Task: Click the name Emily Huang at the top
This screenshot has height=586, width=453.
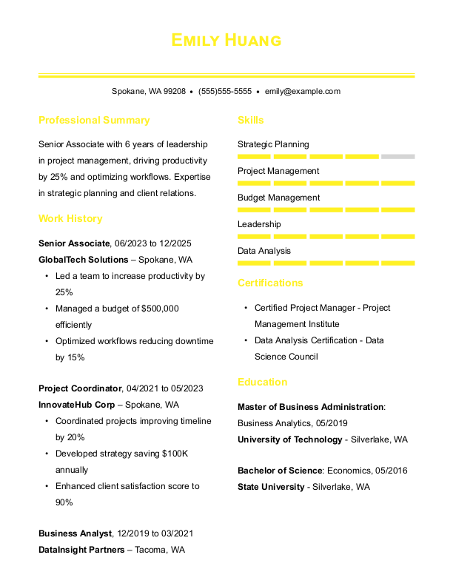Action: click(226, 40)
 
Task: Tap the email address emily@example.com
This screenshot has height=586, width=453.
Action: click(303, 92)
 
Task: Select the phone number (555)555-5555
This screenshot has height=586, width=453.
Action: click(225, 92)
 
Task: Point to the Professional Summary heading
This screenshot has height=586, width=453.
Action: click(94, 121)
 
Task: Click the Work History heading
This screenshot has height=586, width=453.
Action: click(70, 219)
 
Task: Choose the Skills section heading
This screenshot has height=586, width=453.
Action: click(250, 121)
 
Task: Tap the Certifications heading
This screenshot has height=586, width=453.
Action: click(270, 283)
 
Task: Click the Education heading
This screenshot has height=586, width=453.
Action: click(262, 383)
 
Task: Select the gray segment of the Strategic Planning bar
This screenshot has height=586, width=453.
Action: click(398, 157)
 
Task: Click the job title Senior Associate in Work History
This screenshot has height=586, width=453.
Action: click(74, 243)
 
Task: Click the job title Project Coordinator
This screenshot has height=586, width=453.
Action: click(80, 388)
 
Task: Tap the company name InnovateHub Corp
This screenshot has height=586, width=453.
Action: click(77, 405)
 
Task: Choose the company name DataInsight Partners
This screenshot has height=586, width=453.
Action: click(81, 550)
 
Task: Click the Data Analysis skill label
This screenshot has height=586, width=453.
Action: click(264, 251)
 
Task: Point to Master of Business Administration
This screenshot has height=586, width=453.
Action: click(311, 407)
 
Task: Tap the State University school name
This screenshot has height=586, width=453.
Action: click(271, 487)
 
